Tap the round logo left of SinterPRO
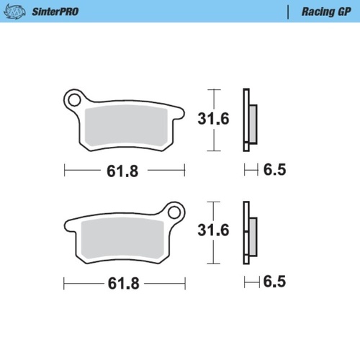[18, 12]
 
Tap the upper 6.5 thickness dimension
[275, 171]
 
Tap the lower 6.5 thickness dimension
[275, 282]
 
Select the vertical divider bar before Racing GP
[289, 12]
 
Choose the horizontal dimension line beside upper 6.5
[251, 171]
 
